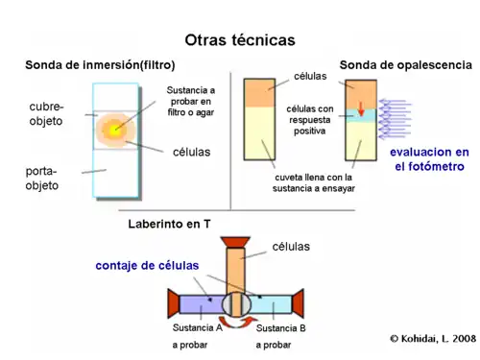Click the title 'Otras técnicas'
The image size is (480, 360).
(240, 39)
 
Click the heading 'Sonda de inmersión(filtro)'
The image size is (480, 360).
(99, 65)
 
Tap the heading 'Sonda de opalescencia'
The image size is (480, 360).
(405, 65)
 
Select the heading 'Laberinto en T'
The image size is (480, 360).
(169, 225)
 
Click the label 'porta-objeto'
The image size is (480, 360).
(41, 178)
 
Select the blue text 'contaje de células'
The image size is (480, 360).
(146, 265)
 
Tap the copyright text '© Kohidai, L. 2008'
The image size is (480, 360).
(432, 339)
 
